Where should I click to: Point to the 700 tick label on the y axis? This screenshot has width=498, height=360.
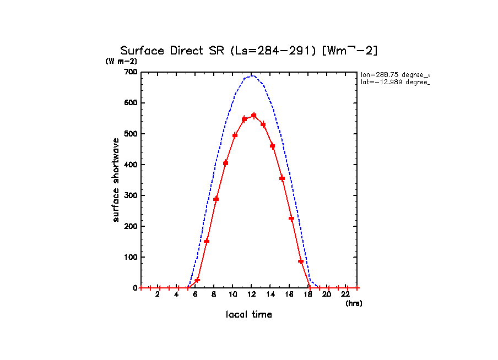(131, 72)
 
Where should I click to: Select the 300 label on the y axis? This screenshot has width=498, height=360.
(131, 195)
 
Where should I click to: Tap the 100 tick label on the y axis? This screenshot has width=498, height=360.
(131, 257)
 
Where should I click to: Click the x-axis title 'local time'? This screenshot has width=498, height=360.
(249, 314)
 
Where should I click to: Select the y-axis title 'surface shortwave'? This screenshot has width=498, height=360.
(116, 180)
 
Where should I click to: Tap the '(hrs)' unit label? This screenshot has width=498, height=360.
(354, 303)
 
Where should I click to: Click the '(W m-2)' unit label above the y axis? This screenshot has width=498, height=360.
(121, 61)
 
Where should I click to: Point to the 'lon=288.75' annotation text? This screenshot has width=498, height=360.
(394, 74)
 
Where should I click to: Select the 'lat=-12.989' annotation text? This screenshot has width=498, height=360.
(394, 82)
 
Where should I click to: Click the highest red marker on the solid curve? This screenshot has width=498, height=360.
(254, 116)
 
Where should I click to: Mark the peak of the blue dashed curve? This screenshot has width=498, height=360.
(252, 75)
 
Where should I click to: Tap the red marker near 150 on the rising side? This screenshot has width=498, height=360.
(207, 241)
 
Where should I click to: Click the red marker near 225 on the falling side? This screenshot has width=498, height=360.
(291, 219)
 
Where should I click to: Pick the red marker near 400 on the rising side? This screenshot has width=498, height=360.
(225, 162)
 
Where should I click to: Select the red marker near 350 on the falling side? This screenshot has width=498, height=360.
(282, 178)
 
